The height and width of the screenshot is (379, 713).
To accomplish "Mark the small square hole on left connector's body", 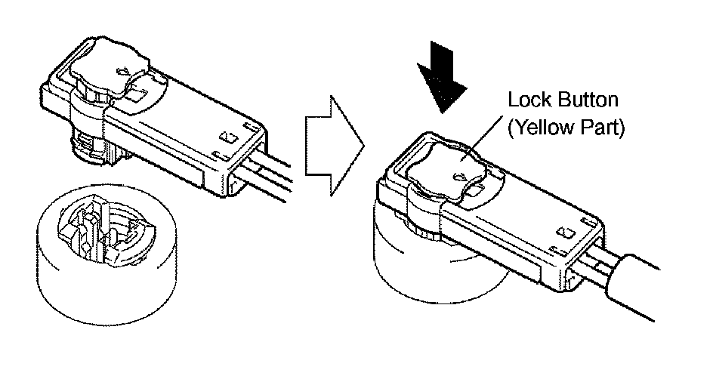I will tap(225, 139).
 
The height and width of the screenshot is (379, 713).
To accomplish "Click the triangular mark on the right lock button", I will tap(457, 177).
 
